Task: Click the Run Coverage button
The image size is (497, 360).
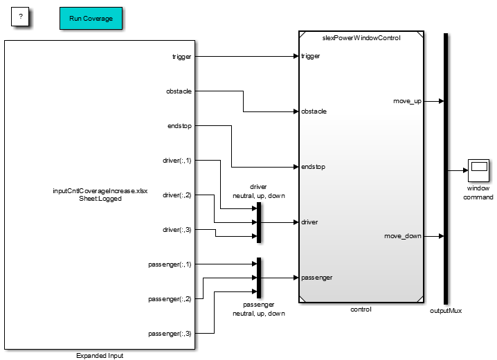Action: tap(91, 19)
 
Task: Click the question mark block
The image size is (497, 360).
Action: tap(21, 16)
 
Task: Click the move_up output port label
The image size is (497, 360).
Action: tap(407, 101)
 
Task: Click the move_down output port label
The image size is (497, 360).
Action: tap(403, 236)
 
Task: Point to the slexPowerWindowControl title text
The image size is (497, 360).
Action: tap(362, 37)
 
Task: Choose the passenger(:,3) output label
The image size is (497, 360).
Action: tap(170, 334)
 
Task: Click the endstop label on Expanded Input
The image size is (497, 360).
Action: tap(179, 126)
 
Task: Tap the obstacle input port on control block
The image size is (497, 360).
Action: tap(314, 111)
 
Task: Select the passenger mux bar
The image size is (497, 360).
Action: tap(258, 278)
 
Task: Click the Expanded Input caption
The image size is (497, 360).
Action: tap(100, 355)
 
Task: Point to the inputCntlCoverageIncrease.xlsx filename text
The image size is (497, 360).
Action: tap(100, 190)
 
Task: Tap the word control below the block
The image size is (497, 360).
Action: tap(361, 309)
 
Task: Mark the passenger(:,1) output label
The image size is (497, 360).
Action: tap(170, 264)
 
